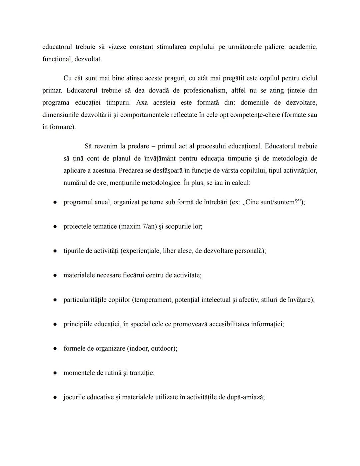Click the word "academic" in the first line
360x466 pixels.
click(302, 47)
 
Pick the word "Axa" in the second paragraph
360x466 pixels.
click(142, 103)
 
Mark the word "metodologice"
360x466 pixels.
click(162, 183)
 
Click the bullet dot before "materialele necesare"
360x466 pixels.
click(55, 276)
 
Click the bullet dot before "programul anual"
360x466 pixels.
click(55, 202)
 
